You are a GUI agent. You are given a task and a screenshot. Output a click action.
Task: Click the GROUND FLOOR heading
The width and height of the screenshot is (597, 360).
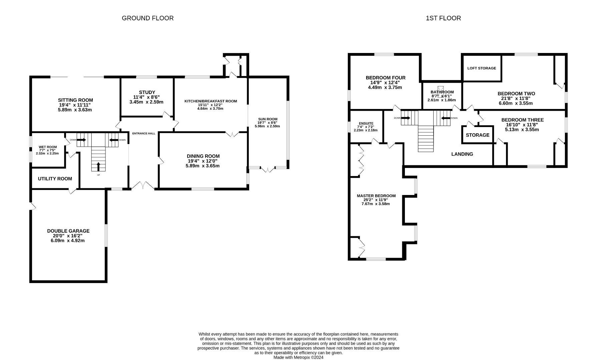pyautogui.click(x=147, y=18)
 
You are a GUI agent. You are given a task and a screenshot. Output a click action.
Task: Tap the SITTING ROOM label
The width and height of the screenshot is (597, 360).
pyautogui.click(x=75, y=100)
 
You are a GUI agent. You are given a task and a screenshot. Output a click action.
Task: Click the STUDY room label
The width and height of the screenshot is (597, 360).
pyautogui.click(x=147, y=92)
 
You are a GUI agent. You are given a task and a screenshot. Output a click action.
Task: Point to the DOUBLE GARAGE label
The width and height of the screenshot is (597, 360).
pyautogui.click(x=68, y=231)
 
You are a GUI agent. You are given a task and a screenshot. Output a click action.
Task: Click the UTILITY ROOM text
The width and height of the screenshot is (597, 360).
pyautogui.click(x=55, y=179)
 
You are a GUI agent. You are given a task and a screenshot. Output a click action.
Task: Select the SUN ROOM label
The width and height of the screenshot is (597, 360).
pyautogui.click(x=267, y=119)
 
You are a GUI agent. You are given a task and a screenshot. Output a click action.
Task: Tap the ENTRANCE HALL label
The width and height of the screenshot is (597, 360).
pyautogui.click(x=143, y=133)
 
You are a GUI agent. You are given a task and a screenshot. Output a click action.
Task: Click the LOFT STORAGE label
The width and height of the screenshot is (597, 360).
pyautogui.click(x=481, y=68)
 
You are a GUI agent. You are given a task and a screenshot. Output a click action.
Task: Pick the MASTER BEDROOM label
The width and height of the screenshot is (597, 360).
pyautogui.click(x=376, y=196)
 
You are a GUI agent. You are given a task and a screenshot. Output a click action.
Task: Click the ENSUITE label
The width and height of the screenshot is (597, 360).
pyautogui.click(x=366, y=123)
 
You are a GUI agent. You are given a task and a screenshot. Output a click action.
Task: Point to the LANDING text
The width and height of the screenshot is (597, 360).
pyautogui.click(x=462, y=154)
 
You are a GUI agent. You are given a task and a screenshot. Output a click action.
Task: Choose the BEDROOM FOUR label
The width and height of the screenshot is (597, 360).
pyautogui.click(x=385, y=78)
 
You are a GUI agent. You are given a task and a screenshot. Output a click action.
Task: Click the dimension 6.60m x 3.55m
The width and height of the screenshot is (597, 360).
pyautogui.click(x=515, y=103)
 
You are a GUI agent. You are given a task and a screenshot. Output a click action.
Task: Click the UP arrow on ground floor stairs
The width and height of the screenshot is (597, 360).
pyautogui.click(x=98, y=166)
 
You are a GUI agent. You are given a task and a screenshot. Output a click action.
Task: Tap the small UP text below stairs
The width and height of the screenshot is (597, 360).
pyautogui.click(x=98, y=175)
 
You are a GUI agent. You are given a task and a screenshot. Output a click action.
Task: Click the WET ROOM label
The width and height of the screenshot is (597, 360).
pyautogui.click(x=48, y=147)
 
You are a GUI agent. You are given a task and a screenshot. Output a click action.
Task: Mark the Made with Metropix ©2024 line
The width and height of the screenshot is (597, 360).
pyautogui.click(x=298, y=357)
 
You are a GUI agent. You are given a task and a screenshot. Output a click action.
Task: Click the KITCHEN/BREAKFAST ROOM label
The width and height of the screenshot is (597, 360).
pyautogui.click(x=210, y=101)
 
